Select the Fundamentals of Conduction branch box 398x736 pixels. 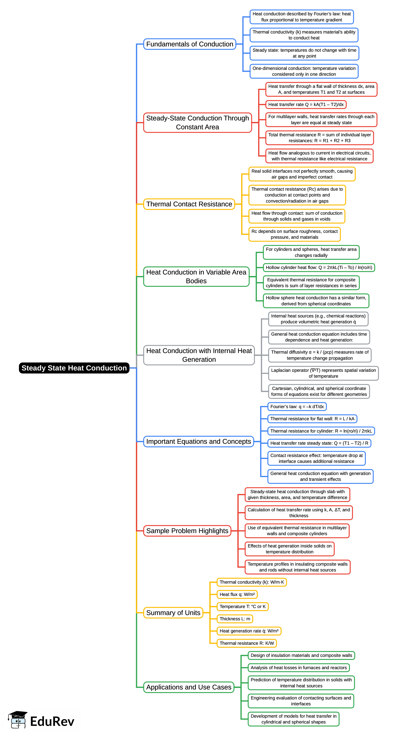tap(189, 44)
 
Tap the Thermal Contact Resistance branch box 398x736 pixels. tap(189, 204)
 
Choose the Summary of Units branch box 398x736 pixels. tap(173, 613)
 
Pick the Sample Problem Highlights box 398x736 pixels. tap(187, 531)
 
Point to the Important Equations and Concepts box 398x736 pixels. tap(198, 441)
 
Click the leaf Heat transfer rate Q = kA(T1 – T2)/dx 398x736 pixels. tap(306, 104)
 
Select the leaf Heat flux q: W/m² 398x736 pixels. tap(237, 594)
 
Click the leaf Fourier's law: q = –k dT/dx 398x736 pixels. tap(297, 407)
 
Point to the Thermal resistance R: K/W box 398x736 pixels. tap(247, 643)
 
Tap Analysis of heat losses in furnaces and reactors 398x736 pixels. tap(299, 668)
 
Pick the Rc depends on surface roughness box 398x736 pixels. tap(294, 234)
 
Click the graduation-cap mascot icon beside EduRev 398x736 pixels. tap(18, 720)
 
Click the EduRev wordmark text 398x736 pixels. tap(52, 721)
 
